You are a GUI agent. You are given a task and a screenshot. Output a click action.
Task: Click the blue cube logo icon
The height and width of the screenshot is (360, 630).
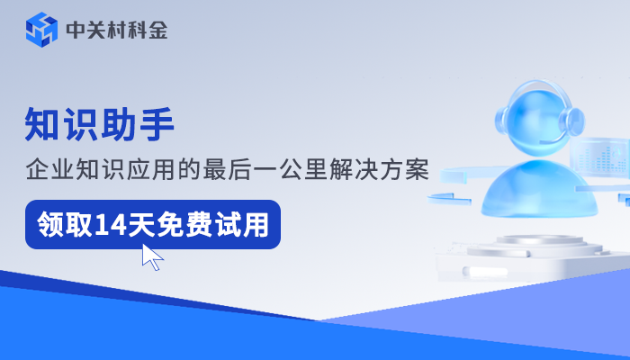pyautogui.click(x=41, y=31)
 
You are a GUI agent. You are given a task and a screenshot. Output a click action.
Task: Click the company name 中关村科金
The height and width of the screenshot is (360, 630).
pyautogui.click(x=117, y=31)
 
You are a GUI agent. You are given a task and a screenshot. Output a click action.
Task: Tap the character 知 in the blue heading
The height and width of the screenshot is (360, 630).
pyautogui.click(x=43, y=124)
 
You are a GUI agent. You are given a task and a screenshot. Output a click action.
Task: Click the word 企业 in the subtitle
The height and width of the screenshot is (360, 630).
pyautogui.click(x=49, y=169)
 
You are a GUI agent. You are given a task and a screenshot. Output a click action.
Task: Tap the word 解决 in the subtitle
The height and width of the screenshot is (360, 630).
pyautogui.click(x=375, y=169)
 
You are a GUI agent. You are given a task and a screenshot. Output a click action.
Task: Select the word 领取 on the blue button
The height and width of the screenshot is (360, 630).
pyautogui.click(x=61, y=224)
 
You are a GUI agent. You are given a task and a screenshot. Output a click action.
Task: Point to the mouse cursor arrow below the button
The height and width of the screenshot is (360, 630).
pyautogui.click(x=152, y=257)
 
